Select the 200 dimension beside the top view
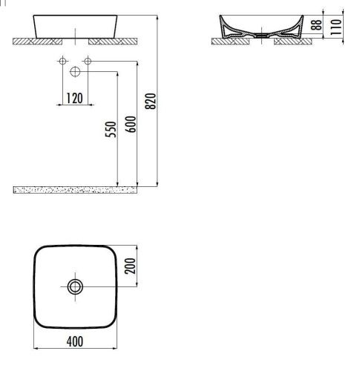coord(131,266)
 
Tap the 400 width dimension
coord(74,341)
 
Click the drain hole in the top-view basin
coord(75,286)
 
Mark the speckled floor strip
coord(74,190)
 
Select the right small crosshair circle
coord(88,60)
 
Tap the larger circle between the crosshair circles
coord(75,71)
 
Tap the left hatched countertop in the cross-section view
coord(226,42)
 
